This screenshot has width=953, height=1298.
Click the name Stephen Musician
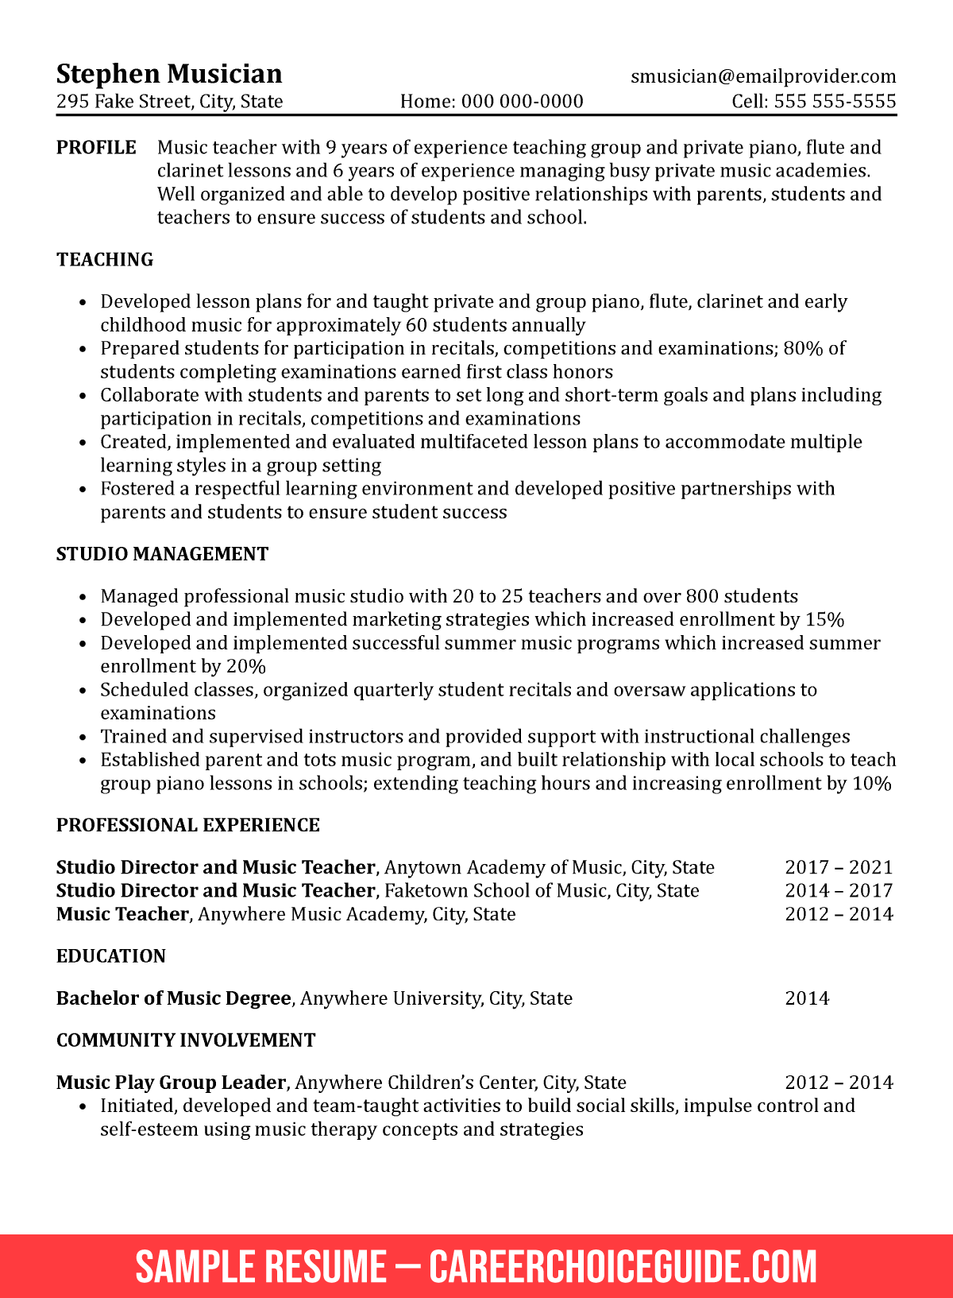tap(169, 74)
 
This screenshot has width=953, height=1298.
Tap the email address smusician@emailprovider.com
tap(763, 76)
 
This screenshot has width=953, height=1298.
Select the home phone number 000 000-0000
tap(522, 101)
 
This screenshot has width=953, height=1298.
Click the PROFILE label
tap(96, 148)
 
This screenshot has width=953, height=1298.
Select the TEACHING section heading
tap(105, 260)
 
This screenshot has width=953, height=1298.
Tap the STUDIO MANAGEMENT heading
tap(162, 554)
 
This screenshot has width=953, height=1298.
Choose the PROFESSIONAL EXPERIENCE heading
tap(187, 825)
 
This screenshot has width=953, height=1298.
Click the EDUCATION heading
tap(110, 956)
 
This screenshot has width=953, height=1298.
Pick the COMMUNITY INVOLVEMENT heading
tap(186, 1040)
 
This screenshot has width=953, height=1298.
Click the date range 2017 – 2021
tap(839, 867)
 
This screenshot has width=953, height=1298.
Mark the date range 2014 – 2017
tap(839, 890)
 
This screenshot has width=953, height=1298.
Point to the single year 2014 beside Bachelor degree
tap(807, 998)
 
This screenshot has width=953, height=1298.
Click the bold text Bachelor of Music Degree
tap(173, 998)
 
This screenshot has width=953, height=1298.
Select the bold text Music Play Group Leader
tap(171, 1083)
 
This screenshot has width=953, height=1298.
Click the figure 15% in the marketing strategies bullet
tap(824, 620)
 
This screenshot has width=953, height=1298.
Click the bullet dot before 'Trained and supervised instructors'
tap(83, 738)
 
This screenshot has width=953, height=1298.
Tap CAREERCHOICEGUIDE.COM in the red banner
tap(623, 1267)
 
